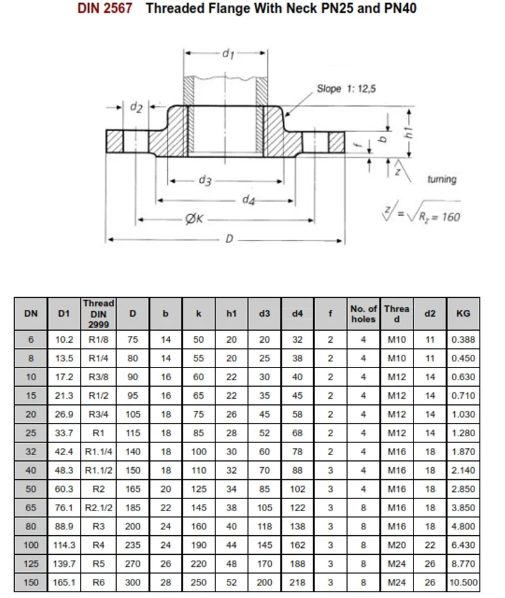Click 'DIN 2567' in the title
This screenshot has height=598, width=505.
click(105, 10)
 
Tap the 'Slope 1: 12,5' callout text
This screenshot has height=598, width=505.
click(346, 89)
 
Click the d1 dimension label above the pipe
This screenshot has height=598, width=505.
click(227, 55)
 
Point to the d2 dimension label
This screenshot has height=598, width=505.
click(135, 107)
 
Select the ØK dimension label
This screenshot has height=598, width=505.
click(193, 220)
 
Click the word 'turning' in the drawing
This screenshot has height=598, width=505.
click(442, 179)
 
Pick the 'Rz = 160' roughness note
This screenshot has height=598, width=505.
click(438, 217)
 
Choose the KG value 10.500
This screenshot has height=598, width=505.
click(463, 582)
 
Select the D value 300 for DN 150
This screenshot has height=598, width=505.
click(132, 582)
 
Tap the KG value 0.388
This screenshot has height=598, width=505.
click(463, 340)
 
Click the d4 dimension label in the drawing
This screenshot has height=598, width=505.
click(249, 201)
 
